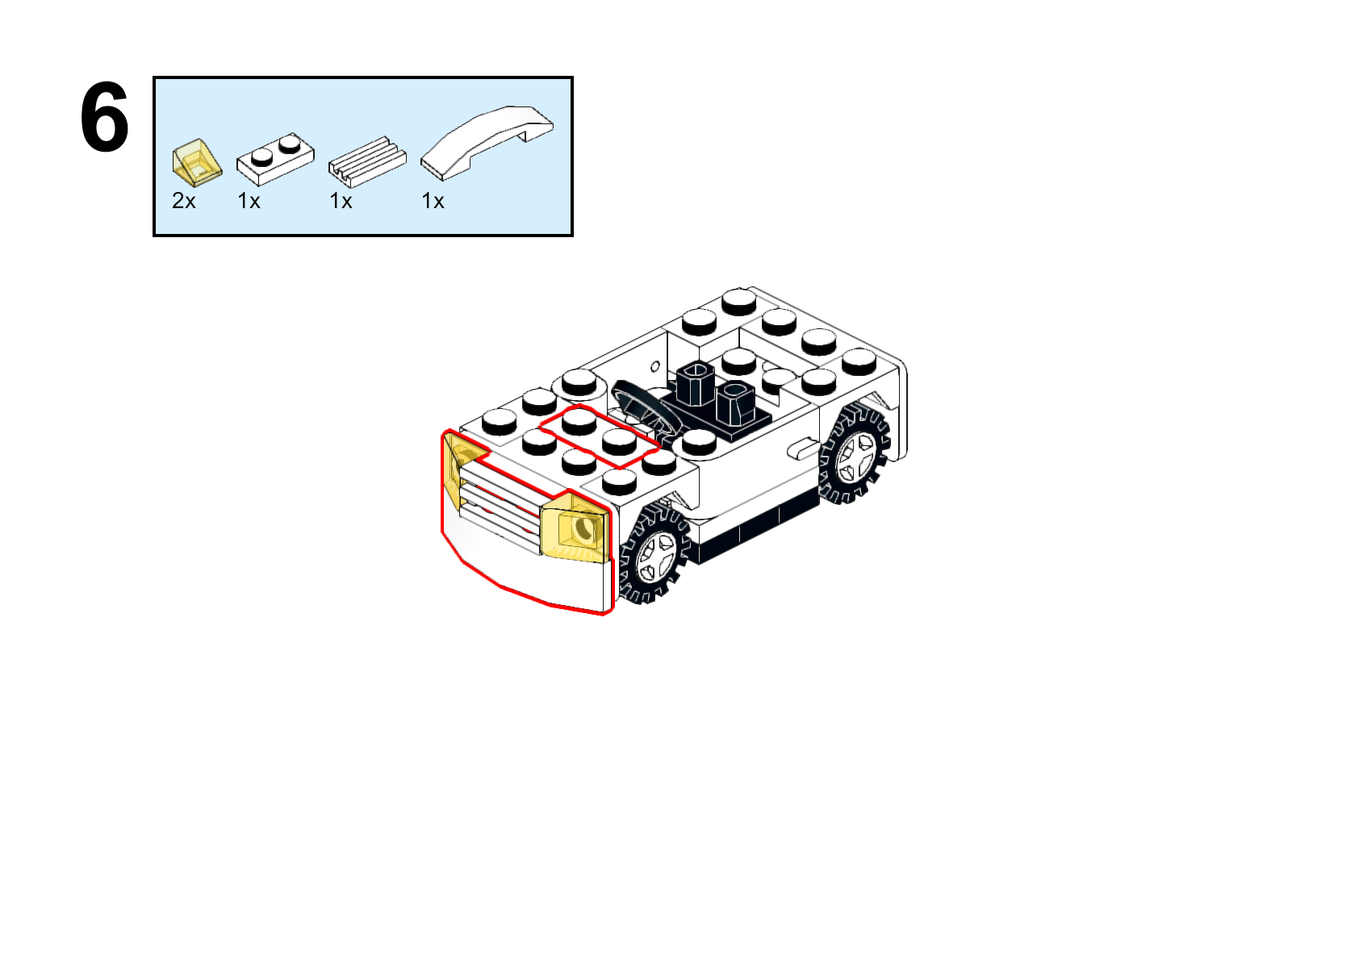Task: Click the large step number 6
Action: tap(104, 116)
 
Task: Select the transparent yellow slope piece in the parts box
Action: tap(197, 163)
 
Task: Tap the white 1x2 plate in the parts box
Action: tap(275, 159)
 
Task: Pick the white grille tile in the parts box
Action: tap(367, 162)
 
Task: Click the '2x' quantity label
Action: tap(184, 201)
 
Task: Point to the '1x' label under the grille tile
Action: tap(341, 201)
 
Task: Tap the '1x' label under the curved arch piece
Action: tap(433, 201)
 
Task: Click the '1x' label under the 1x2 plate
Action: tap(249, 201)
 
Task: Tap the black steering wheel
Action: tap(644, 410)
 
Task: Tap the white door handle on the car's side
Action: tap(802, 449)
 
